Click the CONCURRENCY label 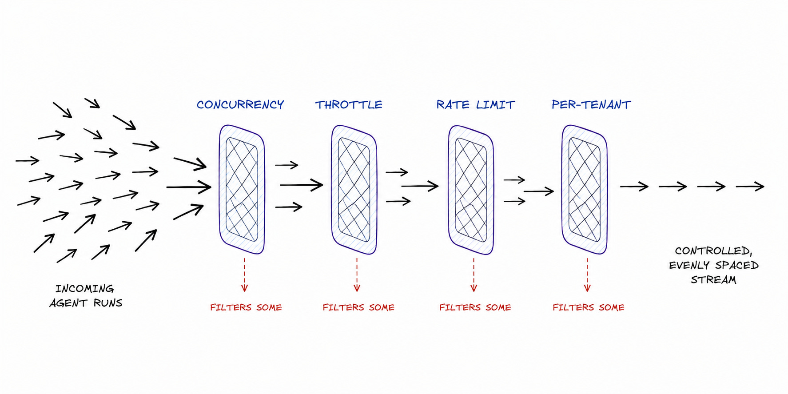click(x=240, y=104)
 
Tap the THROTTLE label click(x=349, y=105)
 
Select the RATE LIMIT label click(x=475, y=105)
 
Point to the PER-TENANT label click(x=591, y=104)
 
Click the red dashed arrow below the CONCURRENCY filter click(x=244, y=275)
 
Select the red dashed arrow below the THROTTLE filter click(x=357, y=275)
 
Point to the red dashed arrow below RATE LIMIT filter click(x=474, y=275)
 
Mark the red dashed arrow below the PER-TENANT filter click(x=587, y=275)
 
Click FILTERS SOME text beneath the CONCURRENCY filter click(x=246, y=307)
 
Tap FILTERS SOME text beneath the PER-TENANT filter click(x=589, y=307)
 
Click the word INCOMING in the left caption click(x=85, y=289)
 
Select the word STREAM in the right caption click(x=713, y=280)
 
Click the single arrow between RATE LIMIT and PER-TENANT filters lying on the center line click(x=539, y=191)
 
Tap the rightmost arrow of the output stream click(x=750, y=187)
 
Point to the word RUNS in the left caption click(x=107, y=303)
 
